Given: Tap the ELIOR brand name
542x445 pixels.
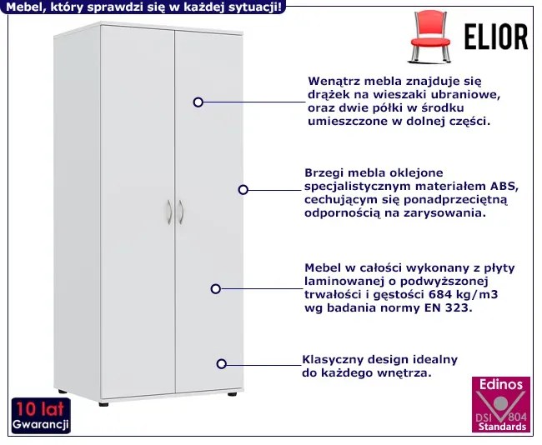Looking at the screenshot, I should (x=496, y=37).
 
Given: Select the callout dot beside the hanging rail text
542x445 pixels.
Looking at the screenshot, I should (x=198, y=102).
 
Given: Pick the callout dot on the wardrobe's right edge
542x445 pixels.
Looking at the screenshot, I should (x=243, y=190).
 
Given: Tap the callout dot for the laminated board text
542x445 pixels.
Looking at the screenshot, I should (x=215, y=288).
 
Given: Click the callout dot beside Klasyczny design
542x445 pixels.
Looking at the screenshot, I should (x=222, y=363).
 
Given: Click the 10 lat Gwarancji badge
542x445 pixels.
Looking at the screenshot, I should (x=39, y=415).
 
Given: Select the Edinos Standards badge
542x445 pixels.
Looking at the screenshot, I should (x=500, y=404).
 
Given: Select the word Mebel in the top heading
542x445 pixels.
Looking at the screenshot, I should (x=23, y=7).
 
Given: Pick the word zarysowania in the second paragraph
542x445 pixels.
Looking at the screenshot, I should (x=446, y=213).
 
